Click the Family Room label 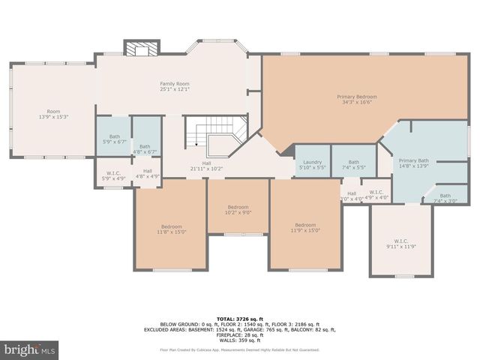[174, 86]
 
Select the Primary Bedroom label [355, 99]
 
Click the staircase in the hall [217, 135]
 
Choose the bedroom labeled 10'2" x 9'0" [238, 209]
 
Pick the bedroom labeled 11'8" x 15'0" [171, 229]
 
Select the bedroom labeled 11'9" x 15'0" [305, 228]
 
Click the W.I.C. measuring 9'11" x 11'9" [400, 243]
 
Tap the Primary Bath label [413, 163]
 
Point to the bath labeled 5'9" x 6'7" [114, 139]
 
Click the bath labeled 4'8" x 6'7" [145, 149]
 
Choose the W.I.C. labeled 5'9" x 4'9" [114, 176]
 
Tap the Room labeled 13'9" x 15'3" [53, 114]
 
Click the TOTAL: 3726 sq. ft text [239, 319]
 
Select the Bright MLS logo [30, 349]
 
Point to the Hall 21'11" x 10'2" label [206, 166]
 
